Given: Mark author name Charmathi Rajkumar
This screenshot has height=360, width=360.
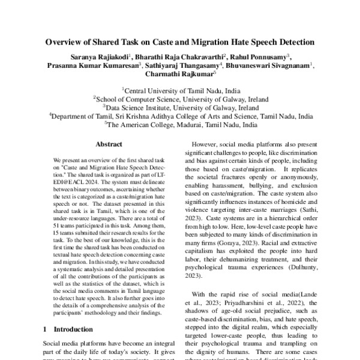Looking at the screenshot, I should click(178, 76).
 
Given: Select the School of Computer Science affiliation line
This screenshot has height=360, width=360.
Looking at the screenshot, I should click(180, 98).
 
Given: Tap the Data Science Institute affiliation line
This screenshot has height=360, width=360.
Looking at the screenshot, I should click(180, 107).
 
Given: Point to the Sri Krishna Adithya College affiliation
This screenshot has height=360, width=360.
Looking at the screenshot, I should click(180, 116).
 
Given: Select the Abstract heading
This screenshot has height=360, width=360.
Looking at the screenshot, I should click(109, 145).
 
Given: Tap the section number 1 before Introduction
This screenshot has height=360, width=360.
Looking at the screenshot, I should click(47, 329).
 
